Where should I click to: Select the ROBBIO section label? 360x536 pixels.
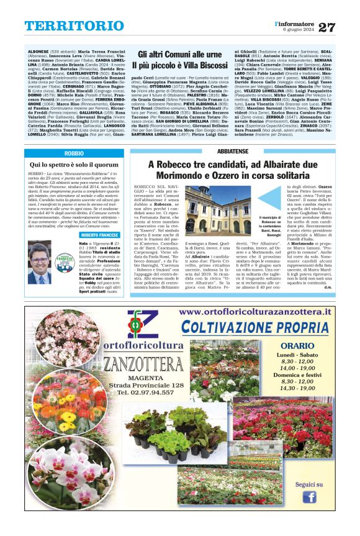coord(74,152)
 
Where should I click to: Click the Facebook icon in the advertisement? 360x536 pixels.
coord(308,497)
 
